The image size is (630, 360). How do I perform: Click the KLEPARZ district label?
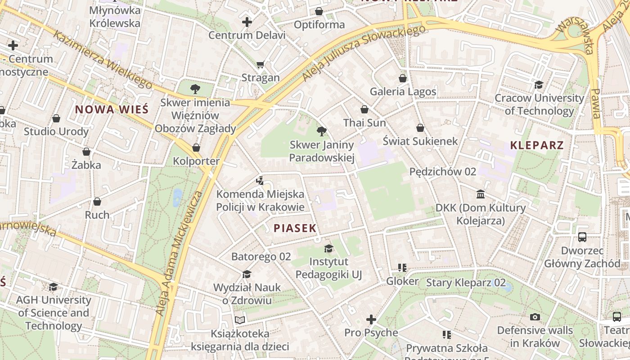tap(537, 145)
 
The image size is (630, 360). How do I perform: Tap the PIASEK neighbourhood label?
tap(295, 228)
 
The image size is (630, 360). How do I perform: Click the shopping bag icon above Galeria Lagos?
tap(403, 78)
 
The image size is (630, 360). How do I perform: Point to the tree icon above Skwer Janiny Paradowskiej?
tap(321, 131)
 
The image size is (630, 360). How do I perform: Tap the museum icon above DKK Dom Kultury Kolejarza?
tap(481, 194)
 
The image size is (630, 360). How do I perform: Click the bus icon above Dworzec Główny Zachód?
tap(582, 237)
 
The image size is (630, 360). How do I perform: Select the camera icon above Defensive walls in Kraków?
tap(535, 317)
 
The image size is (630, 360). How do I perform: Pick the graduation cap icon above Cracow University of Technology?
tap(539, 85)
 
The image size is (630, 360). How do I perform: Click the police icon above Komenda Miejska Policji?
tap(260, 181)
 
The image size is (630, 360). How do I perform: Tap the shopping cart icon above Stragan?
tap(260, 65)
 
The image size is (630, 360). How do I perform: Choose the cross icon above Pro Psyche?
tap(371, 319)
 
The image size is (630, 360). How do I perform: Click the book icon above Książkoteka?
tap(240, 320)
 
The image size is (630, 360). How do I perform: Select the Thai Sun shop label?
tap(364, 123)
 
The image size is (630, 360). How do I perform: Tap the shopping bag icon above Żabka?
tap(86, 152)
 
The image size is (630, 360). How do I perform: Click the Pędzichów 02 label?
tap(442, 171)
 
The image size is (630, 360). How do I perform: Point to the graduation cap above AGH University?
tap(53, 287)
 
